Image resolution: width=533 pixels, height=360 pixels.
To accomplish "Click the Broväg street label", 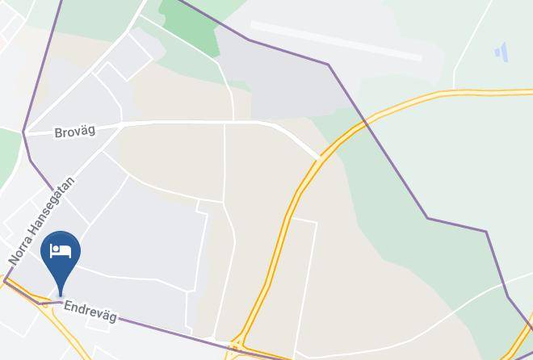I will click(75, 131).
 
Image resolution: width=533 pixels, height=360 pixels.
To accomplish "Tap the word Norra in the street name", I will click(20, 250).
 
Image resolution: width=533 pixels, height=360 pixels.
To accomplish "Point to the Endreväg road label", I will click(91, 312).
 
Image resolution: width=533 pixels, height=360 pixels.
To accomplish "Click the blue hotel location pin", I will click(61, 253).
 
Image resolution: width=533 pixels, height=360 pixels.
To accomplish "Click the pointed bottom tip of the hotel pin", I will click(61, 296).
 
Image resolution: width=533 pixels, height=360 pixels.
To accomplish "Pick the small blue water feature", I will click(502, 52).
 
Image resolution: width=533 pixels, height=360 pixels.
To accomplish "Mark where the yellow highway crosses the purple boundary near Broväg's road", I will click(365, 121).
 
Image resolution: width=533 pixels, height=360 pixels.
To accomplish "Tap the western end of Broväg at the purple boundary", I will click(25, 132).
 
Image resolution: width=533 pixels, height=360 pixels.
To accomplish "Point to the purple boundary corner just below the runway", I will click(328, 64).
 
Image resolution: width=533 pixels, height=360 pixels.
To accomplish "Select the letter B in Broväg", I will click(59, 133).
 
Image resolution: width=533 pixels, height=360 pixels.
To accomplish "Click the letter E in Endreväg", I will click(68, 307).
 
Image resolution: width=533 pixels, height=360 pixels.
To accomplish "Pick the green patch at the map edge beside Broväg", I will click(8, 153).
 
